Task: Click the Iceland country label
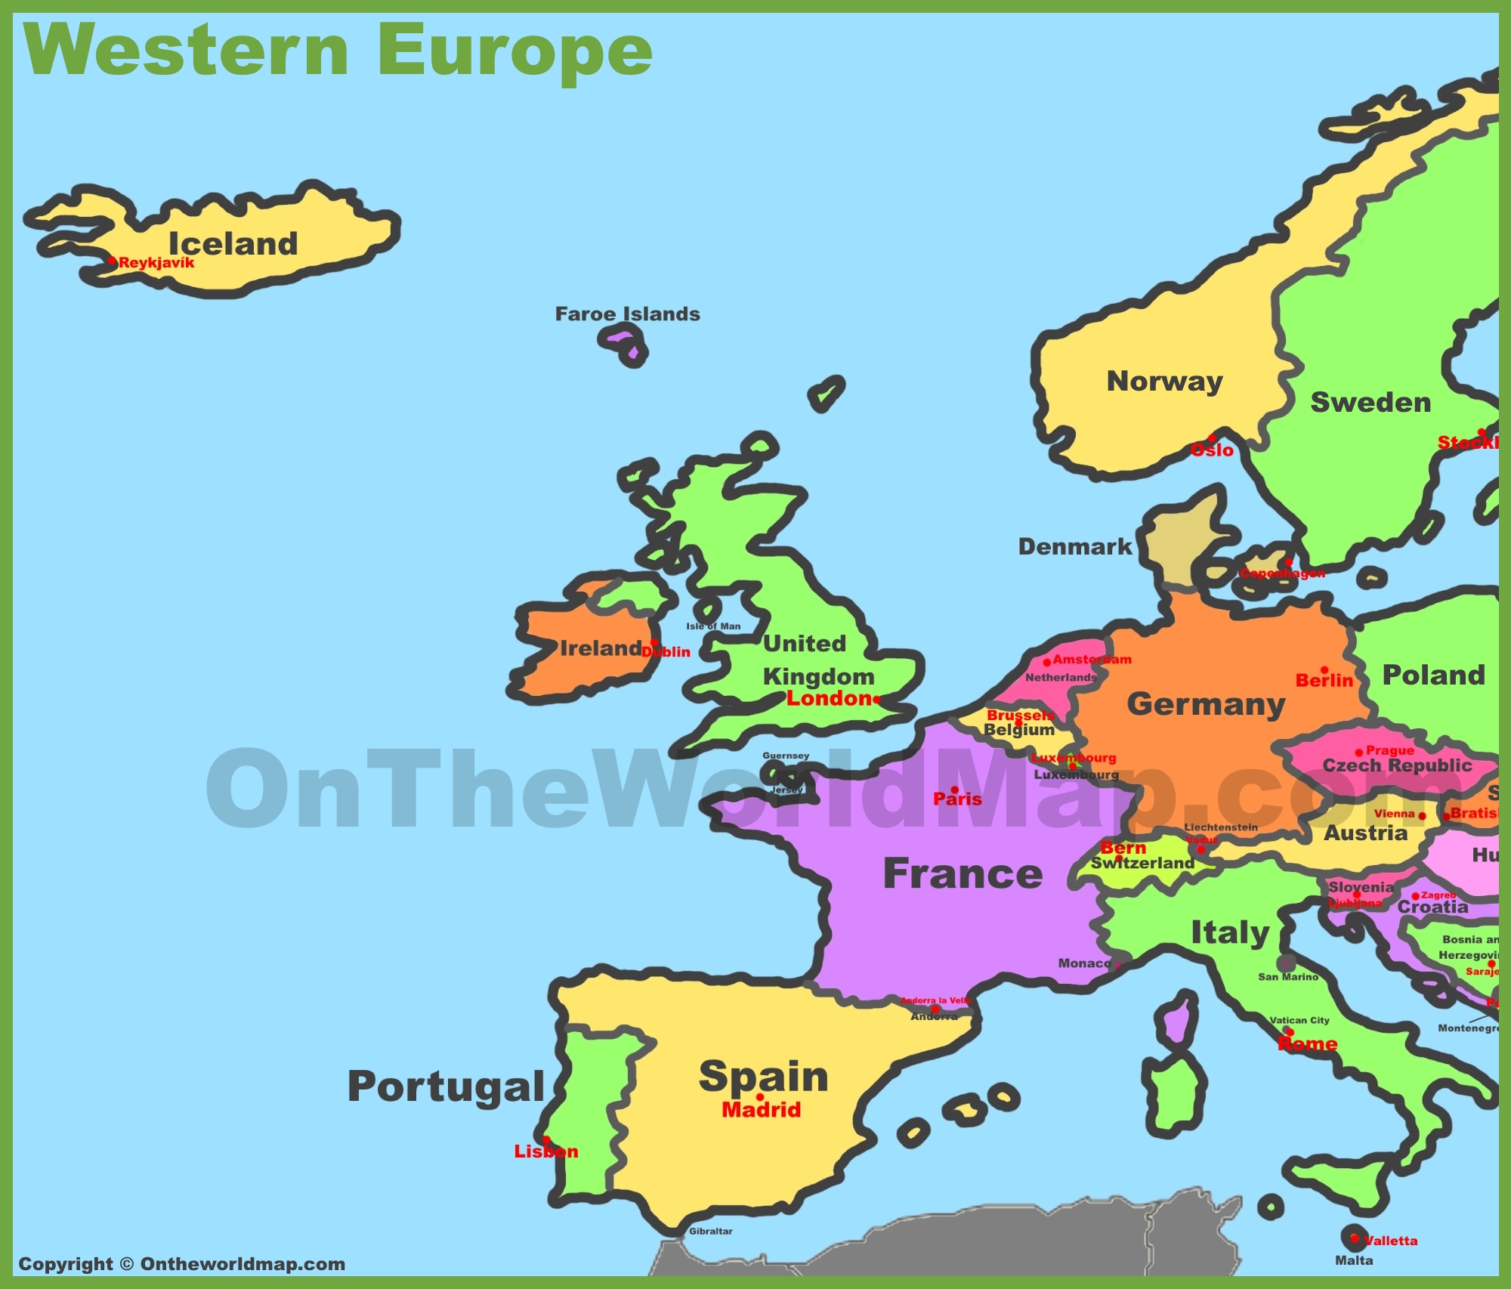tap(233, 244)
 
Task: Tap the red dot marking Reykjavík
tap(112, 261)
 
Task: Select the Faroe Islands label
tap(627, 314)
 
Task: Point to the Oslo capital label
tap(1212, 450)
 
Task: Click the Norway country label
tap(1164, 382)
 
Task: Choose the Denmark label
tap(1074, 546)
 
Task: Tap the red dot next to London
tap(877, 699)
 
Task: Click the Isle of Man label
tap(713, 626)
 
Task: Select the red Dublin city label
tap(667, 652)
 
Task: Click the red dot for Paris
tap(955, 790)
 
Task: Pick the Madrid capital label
tap(761, 1109)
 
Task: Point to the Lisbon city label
tap(545, 1151)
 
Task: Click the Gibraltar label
tap(710, 1231)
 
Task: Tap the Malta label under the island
tap(1354, 1260)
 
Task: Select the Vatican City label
tap(1299, 1020)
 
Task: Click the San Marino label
tap(1287, 977)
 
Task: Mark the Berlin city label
tap(1324, 681)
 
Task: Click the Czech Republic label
tap(1397, 765)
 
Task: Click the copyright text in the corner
tap(181, 1263)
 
